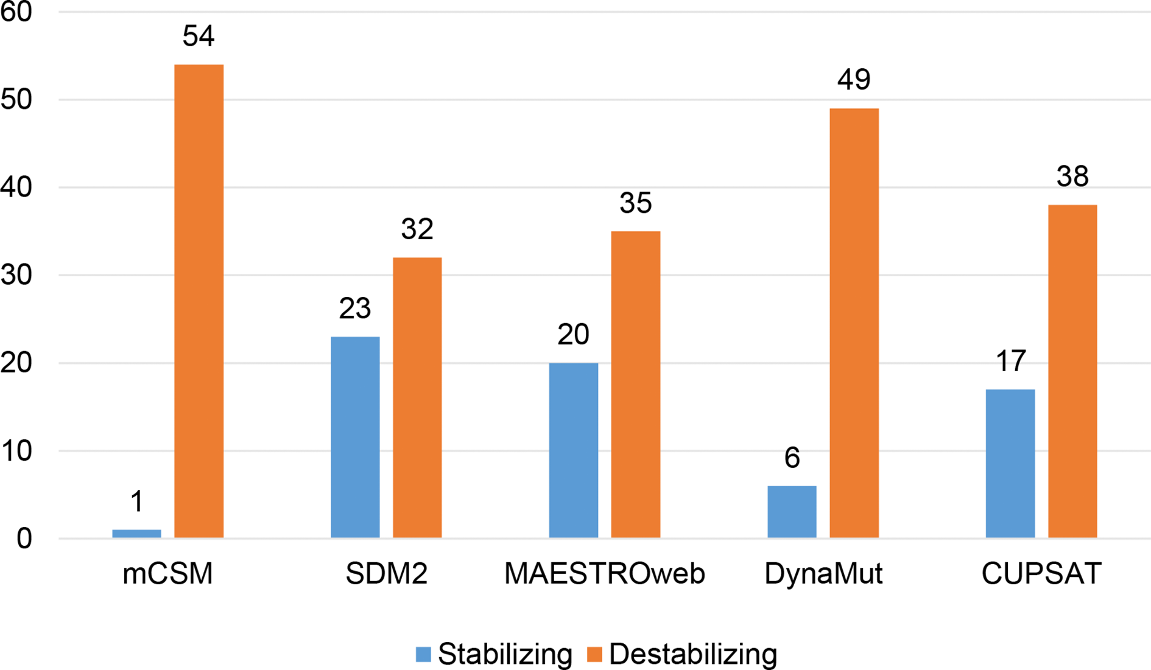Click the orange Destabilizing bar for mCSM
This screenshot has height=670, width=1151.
point(199,301)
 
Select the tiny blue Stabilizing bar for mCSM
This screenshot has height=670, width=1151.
point(136,534)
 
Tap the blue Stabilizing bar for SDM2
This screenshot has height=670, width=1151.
point(355,437)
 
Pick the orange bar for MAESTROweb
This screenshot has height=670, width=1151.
point(635,384)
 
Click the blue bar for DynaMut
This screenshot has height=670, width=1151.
point(792,512)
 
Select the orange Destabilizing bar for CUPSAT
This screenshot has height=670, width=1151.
point(1072,371)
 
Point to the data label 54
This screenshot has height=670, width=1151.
point(199,37)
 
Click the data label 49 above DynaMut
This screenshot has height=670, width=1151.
point(854,80)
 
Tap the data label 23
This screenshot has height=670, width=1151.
point(355,309)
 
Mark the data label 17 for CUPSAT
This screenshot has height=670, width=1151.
point(1010,361)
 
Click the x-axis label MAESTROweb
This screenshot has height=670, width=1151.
point(604,574)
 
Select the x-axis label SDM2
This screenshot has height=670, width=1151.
point(386,574)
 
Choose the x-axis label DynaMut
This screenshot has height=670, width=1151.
point(823,574)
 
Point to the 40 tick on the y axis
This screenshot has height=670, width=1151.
point(16,187)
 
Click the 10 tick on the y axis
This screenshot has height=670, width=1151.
point(16,451)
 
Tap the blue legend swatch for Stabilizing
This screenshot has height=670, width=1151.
point(423,654)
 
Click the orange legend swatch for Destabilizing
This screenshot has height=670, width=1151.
point(594,654)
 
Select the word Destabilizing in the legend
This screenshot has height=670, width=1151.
point(693,654)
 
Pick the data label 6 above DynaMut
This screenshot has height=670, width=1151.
point(792,458)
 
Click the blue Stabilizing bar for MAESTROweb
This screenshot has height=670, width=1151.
point(573,450)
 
